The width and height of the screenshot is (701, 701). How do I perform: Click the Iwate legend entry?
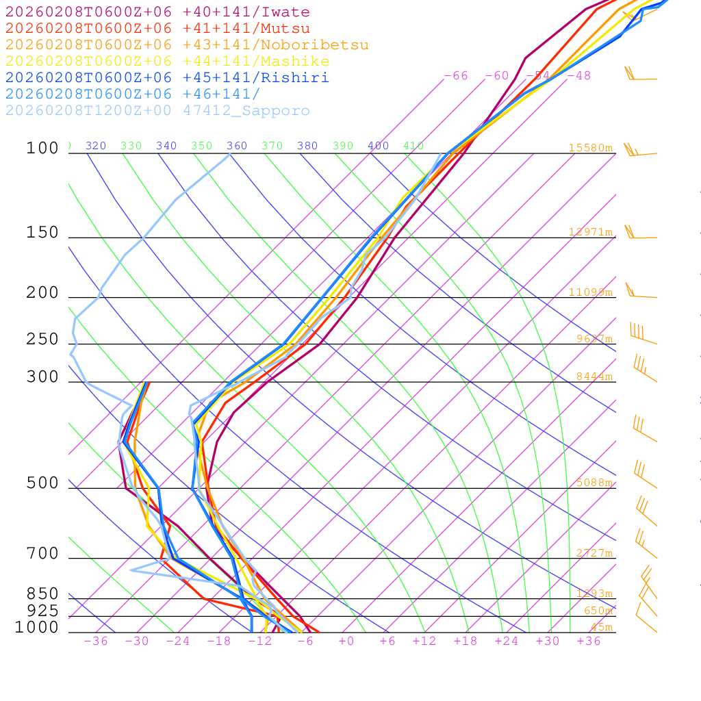(157, 12)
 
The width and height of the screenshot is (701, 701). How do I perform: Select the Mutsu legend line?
(157, 29)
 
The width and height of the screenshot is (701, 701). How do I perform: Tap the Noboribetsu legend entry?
(187, 45)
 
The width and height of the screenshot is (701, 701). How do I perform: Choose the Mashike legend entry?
(167, 62)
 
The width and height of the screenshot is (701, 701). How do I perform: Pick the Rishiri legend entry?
(167, 77)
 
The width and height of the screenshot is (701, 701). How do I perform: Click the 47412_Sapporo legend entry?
(157, 111)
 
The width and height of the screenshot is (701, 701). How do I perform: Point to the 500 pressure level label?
(42, 483)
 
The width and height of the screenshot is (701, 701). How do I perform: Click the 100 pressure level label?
(42, 149)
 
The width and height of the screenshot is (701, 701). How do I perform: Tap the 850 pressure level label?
(42, 594)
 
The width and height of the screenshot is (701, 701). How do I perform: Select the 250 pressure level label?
(42, 340)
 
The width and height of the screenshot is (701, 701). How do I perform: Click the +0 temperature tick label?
(346, 641)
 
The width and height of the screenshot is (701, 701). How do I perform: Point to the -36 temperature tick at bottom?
(95, 641)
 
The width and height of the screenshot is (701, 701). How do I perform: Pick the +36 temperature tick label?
(589, 641)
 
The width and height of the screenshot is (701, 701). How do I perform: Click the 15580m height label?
(590, 148)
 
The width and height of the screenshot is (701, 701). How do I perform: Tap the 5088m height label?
(594, 483)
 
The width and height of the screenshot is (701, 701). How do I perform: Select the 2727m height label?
(594, 553)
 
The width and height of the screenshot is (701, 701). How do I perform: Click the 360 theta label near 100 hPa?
(237, 146)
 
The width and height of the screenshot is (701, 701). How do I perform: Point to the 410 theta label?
(413, 146)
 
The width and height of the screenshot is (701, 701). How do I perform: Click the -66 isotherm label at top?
(456, 76)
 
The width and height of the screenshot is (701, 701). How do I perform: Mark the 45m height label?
(601, 627)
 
